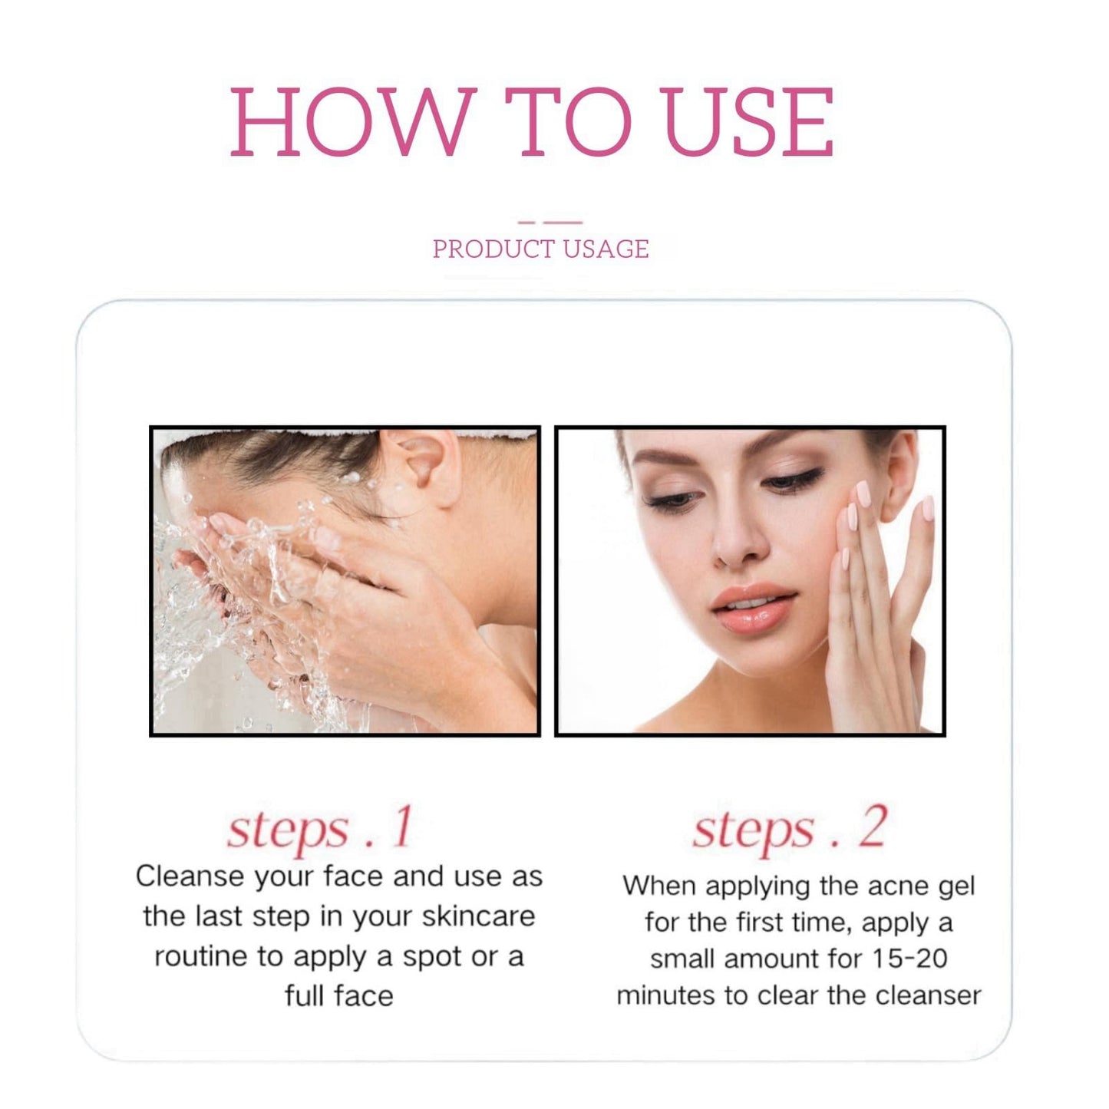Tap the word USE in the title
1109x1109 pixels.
point(748,122)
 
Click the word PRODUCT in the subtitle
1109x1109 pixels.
point(493,249)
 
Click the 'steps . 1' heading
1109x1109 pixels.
point(320,829)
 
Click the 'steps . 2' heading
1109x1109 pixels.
point(790,829)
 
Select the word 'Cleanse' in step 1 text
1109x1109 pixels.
point(190,876)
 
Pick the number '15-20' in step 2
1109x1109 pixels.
point(909,959)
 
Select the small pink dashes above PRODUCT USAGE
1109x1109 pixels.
point(550,223)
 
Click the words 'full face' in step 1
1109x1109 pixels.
point(338,996)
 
